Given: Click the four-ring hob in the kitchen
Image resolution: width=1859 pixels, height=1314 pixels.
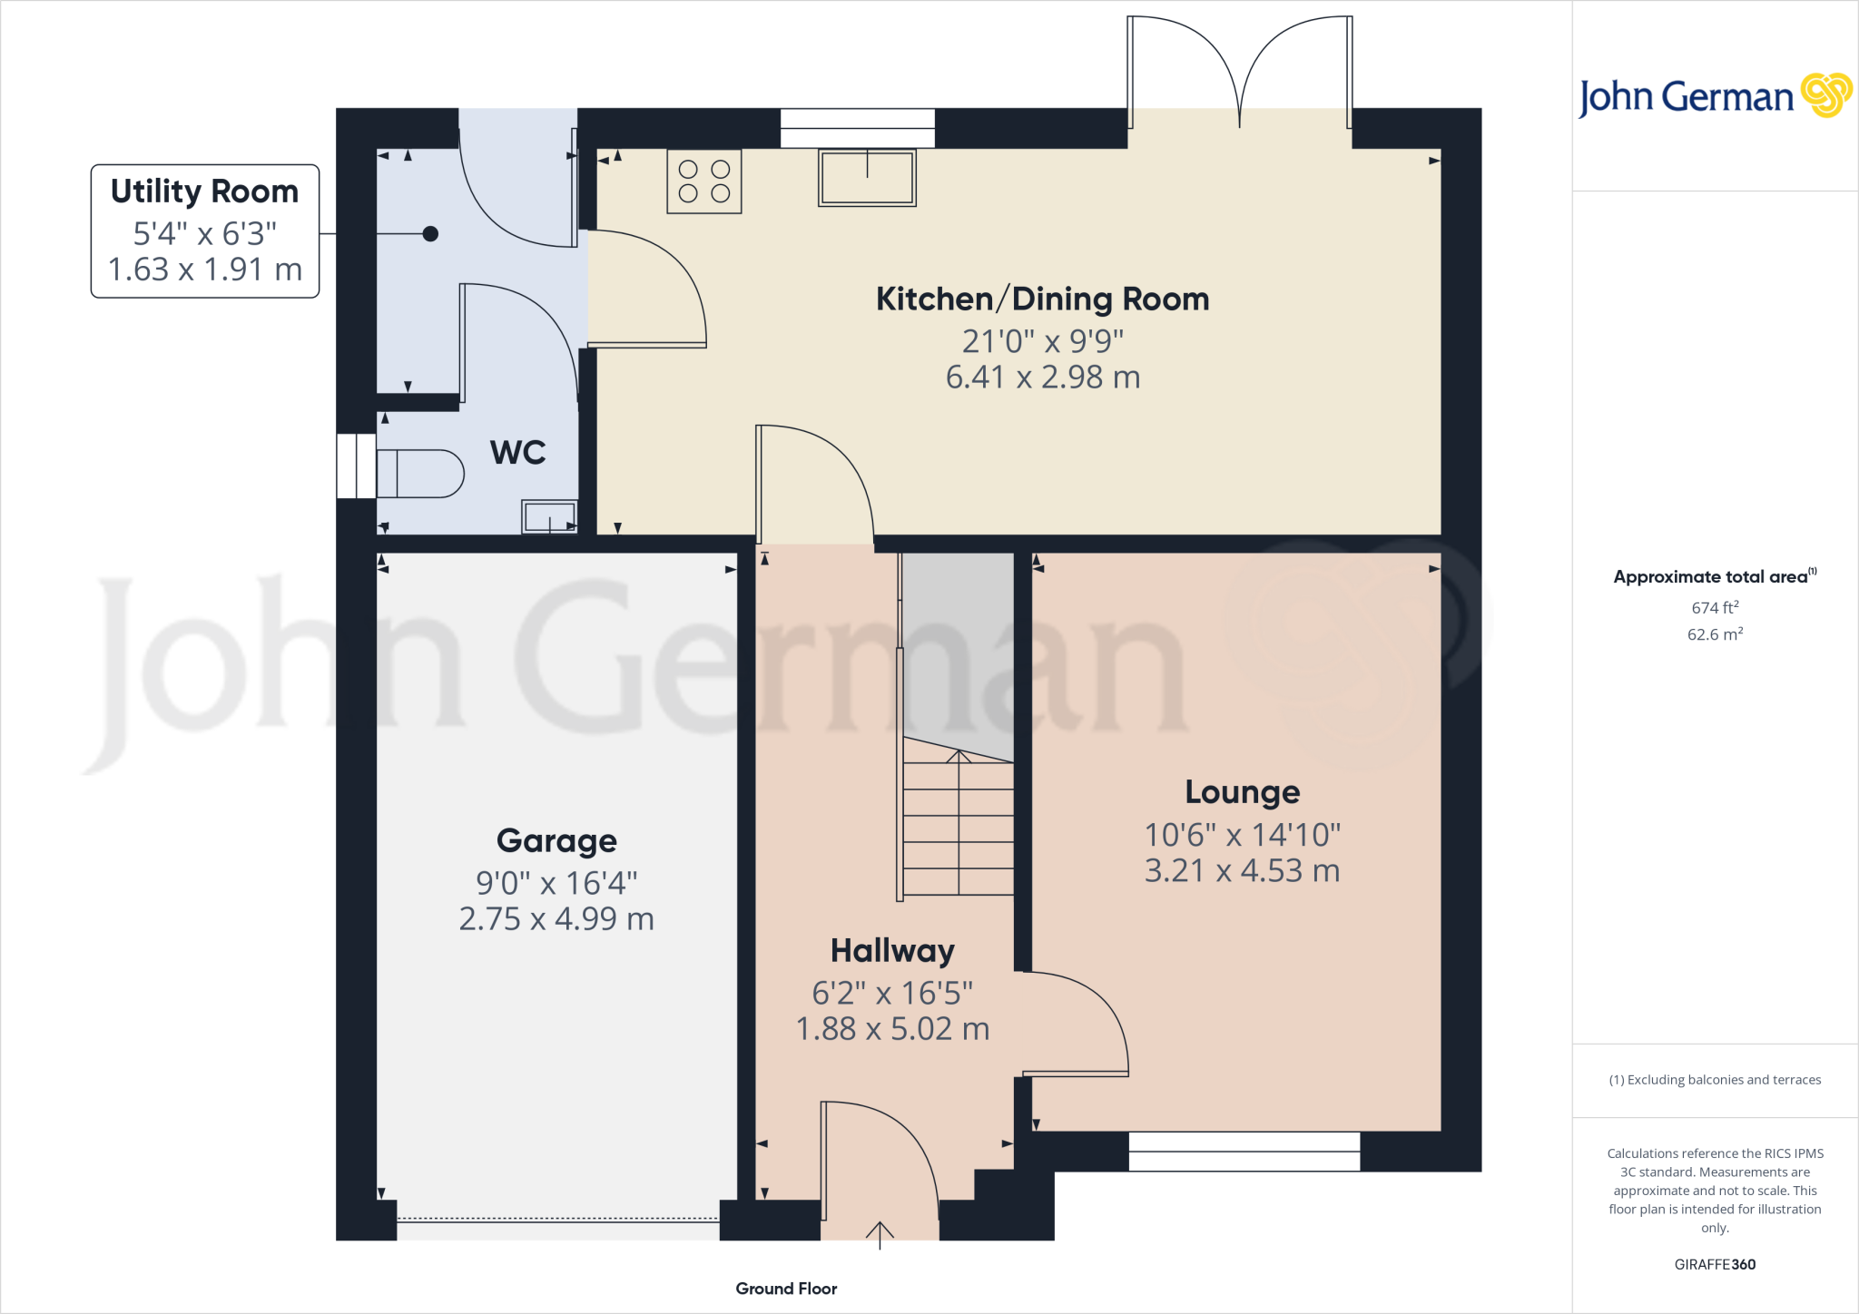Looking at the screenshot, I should (703, 181).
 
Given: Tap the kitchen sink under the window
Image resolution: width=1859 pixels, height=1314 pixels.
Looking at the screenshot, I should (867, 178).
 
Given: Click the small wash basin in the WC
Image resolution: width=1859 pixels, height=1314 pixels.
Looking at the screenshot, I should (549, 516).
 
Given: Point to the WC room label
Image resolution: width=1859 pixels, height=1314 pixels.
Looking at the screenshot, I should (518, 452).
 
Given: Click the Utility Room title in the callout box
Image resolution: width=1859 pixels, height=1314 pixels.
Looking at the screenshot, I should (204, 191).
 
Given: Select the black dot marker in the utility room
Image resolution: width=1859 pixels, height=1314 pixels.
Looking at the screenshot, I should (431, 234).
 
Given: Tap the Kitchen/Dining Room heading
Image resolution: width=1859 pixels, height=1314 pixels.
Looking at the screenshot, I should (1042, 299).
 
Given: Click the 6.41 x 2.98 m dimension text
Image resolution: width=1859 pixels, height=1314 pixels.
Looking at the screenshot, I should (1042, 377).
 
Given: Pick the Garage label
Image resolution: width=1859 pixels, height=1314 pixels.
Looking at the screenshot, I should (556, 840).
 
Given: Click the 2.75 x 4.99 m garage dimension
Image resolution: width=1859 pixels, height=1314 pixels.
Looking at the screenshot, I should (556, 918).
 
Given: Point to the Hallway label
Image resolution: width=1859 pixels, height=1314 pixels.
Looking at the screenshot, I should (892, 950).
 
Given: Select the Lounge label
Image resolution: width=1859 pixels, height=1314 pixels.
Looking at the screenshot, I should (1242, 792).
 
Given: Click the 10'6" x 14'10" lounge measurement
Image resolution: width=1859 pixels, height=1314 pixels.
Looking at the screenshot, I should (1242, 834).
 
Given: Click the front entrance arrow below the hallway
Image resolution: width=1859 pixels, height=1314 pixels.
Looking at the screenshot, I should (880, 1234).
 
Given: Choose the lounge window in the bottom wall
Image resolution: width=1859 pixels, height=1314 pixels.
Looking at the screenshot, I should (1244, 1152).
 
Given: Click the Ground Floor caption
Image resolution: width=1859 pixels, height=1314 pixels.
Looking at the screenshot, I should (786, 1289).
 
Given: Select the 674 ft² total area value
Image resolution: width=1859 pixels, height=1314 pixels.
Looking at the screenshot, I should (1715, 607).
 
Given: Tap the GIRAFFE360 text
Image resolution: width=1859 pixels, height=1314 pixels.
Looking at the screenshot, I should (1715, 1264).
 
